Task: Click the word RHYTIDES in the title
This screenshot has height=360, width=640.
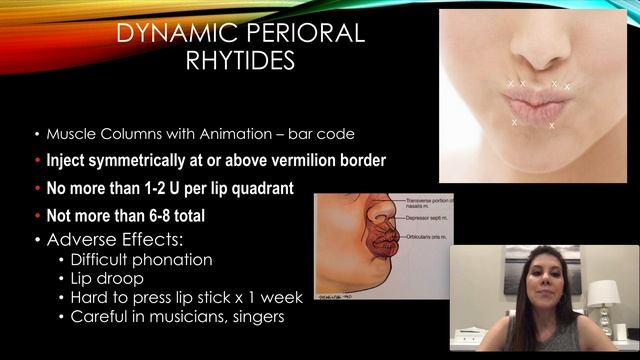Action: [x=241, y=61]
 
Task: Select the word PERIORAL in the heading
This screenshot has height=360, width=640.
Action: [x=310, y=33]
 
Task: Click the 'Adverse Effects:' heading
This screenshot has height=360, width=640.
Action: [x=111, y=239]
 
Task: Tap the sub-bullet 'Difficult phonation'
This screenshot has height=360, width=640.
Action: [x=140, y=260]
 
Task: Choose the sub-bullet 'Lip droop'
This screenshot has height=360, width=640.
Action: [x=105, y=279]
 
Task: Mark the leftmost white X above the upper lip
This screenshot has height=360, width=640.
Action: [x=510, y=83]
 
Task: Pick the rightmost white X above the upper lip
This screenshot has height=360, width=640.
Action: [x=567, y=87]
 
